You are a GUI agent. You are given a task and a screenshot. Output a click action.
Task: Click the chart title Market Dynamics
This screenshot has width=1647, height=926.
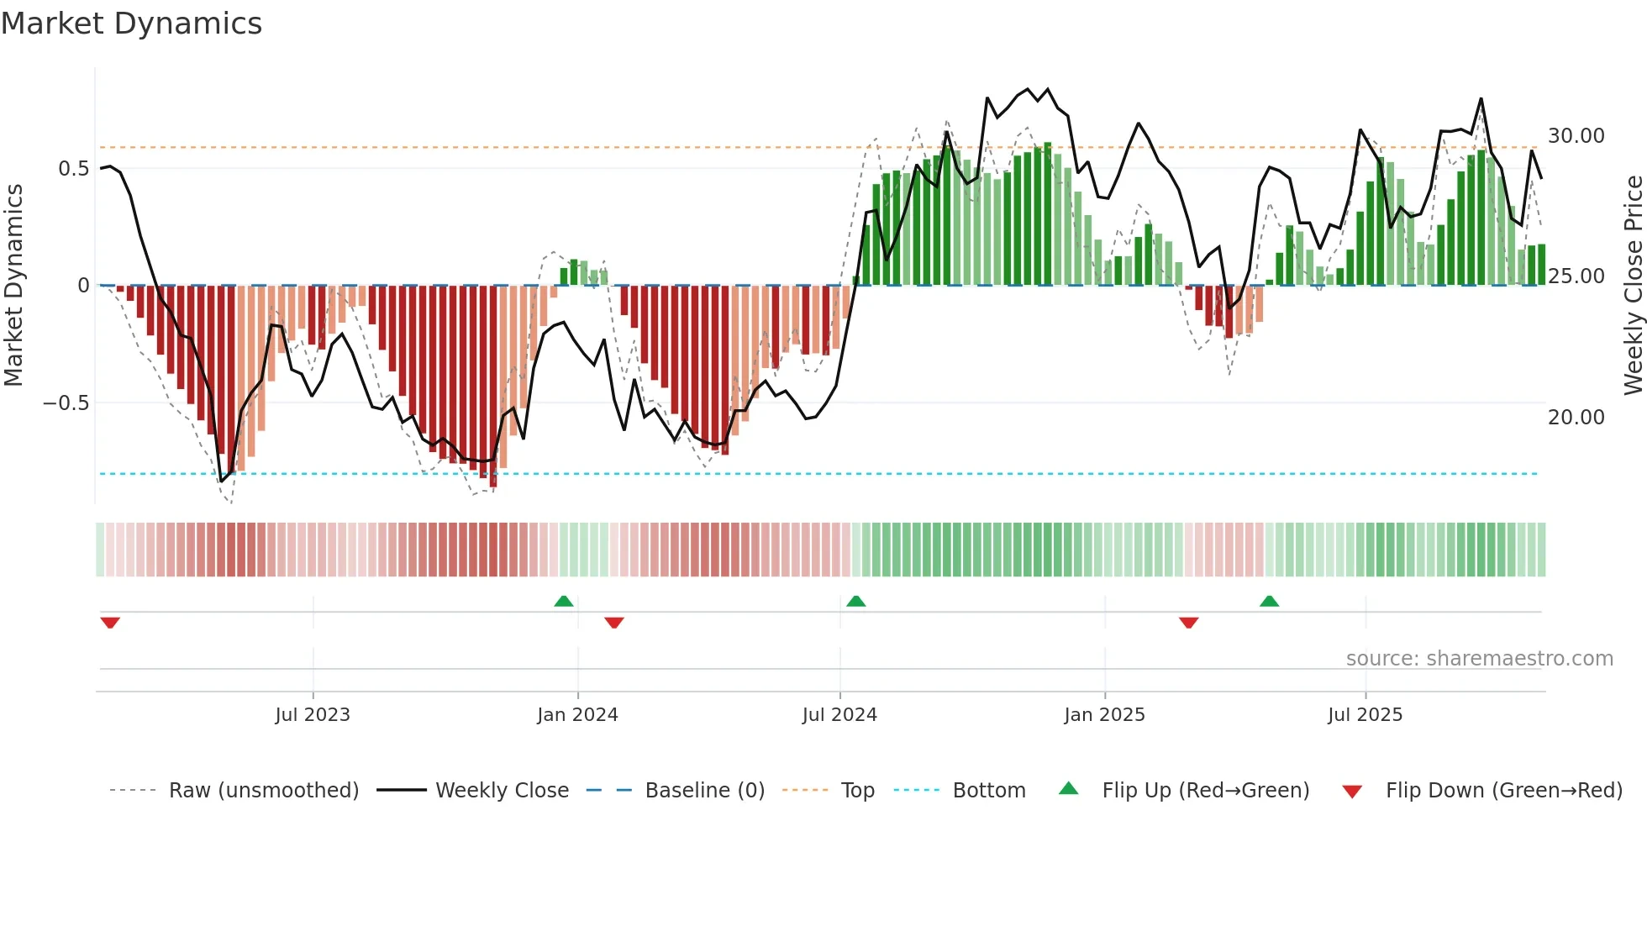point(132,24)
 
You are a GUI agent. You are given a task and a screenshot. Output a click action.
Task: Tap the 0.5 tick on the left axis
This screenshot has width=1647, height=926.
point(73,169)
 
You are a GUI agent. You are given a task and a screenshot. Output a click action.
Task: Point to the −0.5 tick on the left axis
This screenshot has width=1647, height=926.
point(66,403)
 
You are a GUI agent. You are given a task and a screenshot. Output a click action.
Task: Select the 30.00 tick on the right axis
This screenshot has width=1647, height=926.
point(1576,136)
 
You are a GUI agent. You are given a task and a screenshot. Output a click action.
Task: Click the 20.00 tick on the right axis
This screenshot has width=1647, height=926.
point(1576,418)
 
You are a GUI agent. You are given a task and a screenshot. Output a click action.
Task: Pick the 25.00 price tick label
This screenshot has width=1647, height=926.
point(1576,276)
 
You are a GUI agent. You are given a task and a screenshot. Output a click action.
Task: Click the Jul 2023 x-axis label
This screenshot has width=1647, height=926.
point(313,715)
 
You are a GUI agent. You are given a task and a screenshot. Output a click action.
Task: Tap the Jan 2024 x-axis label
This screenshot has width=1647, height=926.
point(577,715)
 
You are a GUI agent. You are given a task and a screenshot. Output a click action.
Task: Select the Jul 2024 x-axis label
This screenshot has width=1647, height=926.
point(839,715)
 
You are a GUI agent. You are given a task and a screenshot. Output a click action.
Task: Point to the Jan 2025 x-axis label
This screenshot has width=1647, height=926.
point(1104,715)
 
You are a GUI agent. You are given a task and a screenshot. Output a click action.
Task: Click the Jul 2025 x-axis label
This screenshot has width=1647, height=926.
point(1365,715)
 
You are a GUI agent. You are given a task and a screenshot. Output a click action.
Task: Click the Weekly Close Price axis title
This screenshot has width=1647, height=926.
point(1633,286)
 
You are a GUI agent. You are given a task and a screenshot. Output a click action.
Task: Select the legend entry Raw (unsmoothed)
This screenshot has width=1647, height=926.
point(263,791)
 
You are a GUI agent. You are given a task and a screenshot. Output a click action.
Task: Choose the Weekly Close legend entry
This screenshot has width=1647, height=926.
point(502,791)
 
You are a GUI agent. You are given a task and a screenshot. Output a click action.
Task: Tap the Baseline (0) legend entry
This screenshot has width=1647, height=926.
point(704,791)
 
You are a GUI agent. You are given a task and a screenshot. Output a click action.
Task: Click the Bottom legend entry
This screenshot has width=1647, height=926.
point(988,791)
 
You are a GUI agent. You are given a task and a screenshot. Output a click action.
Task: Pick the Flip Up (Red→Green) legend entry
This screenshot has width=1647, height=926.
point(1205,791)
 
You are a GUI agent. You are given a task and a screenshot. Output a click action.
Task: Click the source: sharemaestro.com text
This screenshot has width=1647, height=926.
point(1479,659)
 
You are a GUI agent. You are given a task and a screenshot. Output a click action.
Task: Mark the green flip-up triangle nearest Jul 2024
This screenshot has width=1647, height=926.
point(855,602)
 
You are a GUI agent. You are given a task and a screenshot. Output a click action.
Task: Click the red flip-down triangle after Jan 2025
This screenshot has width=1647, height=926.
point(1188,623)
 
